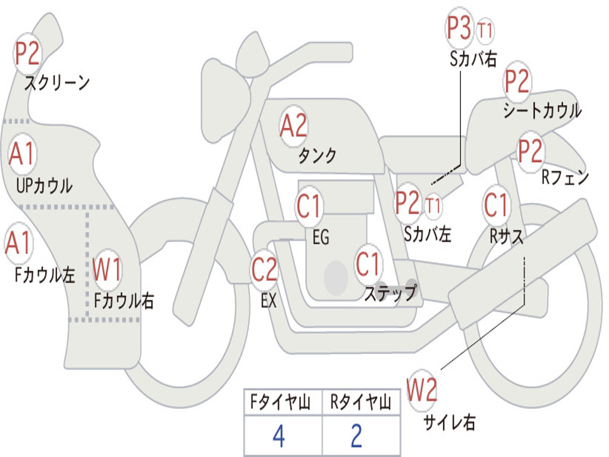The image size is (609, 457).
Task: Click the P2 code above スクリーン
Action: [27, 54]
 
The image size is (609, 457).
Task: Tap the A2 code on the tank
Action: [293, 126]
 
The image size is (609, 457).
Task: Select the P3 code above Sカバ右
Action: [459, 28]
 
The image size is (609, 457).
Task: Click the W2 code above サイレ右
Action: [422, 390]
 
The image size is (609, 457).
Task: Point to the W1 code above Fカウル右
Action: [107, 270]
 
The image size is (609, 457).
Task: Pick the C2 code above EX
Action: [265, 270]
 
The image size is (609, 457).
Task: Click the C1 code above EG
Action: [309, 206]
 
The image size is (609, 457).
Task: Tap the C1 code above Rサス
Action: [495, 205]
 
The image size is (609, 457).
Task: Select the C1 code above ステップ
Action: [368, 264]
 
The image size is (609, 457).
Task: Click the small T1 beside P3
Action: [485, 30]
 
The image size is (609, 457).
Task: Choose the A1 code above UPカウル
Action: [22, 154]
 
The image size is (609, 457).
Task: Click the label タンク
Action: [318, 156]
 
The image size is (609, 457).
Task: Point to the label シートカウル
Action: [542, 111]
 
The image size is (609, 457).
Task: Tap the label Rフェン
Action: [565, 177]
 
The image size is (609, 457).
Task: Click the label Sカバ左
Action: [427, 234]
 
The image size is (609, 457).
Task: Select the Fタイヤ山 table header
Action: [281, 402]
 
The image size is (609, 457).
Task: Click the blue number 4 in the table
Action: [279, 436]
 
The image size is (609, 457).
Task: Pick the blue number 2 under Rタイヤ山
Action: [357, 436]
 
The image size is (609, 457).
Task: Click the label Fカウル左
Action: [45, 275]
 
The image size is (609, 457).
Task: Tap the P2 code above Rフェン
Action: [530, 151]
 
